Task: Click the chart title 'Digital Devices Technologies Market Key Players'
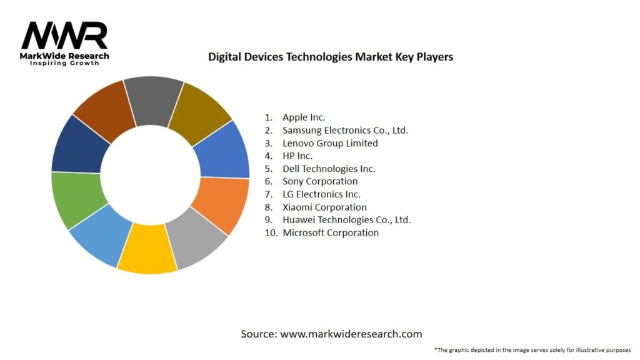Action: pos(331,57)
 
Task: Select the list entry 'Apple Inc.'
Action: pos(304,117)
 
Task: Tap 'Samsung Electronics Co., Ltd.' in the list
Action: pos(345,130)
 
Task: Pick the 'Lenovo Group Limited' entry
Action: pos(330,143)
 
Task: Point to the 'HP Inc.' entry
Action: pos(297,156)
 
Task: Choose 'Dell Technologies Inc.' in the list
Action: pos(329,169)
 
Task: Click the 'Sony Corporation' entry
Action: pos(320,181)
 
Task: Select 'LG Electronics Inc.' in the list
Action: pos(322,194)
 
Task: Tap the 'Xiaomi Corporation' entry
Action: pos(324,207)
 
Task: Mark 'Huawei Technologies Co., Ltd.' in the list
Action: pos(346,220)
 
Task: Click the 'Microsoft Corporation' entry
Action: pos(331,232)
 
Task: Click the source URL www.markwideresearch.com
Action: pos(351,334)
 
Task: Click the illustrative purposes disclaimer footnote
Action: pos(532,350)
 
